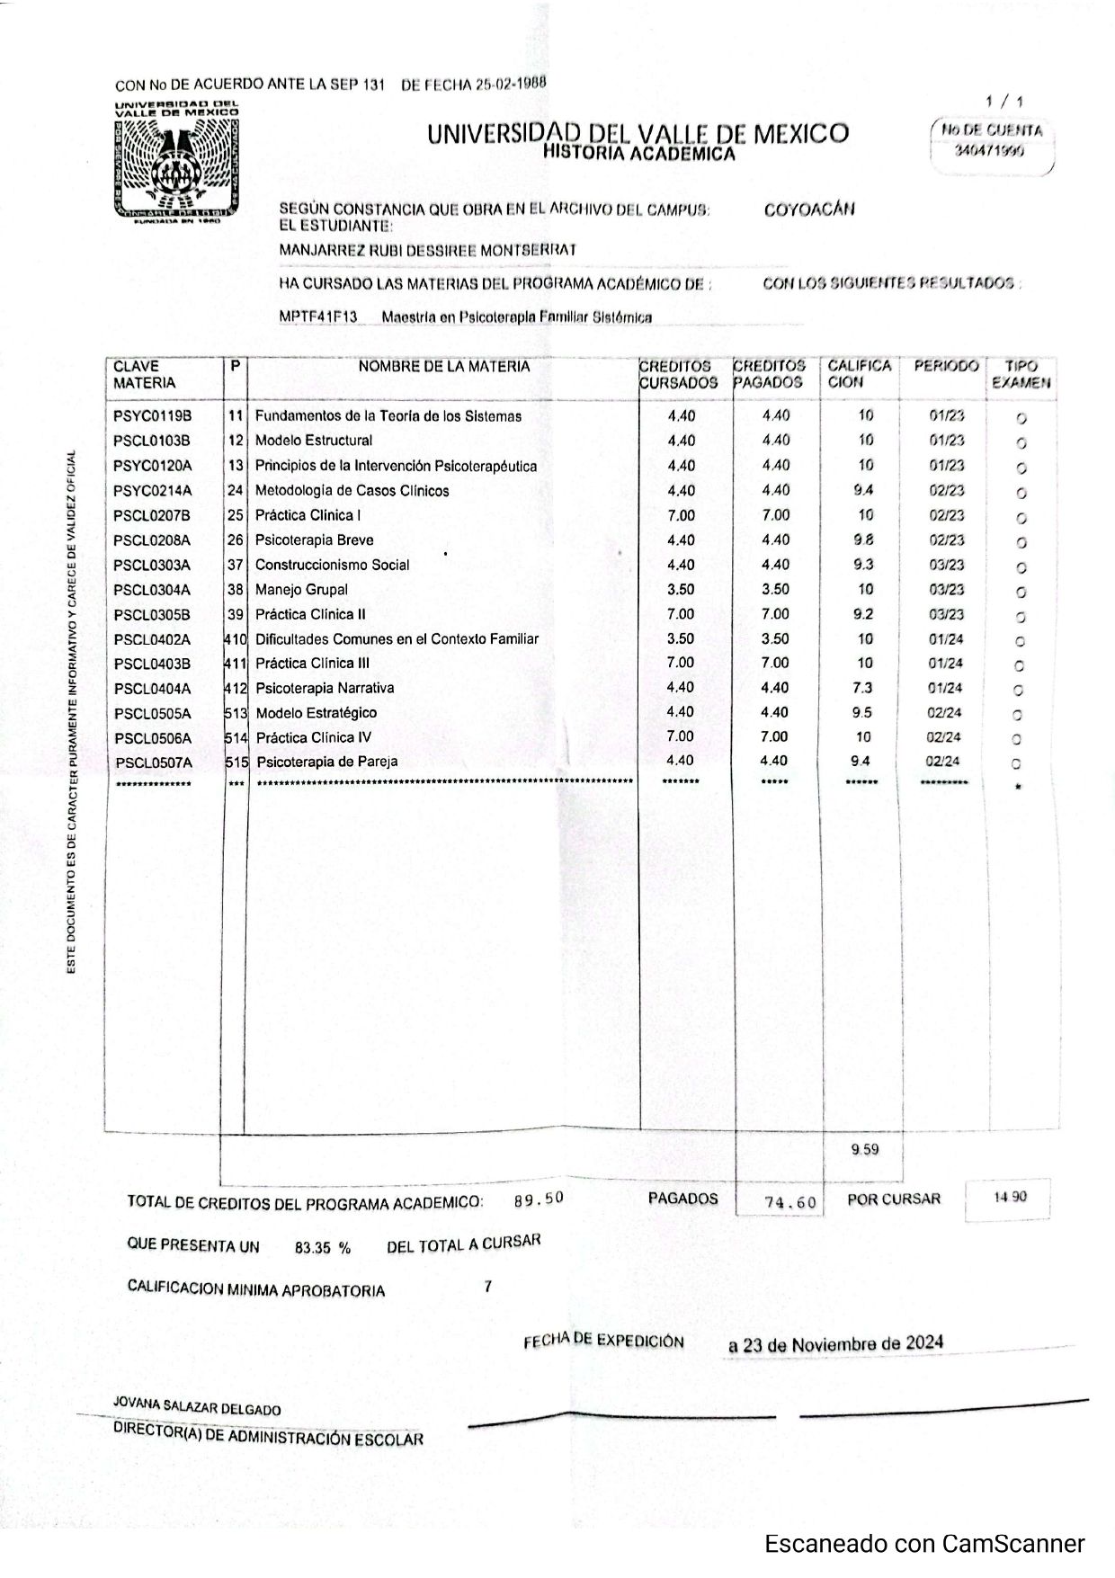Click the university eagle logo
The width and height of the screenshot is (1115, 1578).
pos(176,164)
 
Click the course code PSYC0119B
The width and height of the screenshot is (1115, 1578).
pos(153,416)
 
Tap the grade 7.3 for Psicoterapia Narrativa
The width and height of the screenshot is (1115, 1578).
pos(863,688)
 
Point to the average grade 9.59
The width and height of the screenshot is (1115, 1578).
pos(865,1149)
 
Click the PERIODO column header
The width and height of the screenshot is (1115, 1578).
pos(946,367)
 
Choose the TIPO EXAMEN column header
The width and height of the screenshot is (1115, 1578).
pos(1021,375)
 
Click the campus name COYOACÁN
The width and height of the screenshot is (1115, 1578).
pos(809,210)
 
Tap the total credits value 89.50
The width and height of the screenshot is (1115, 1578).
pos(539,1199)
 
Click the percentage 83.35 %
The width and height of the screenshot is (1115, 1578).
pos(322,1248)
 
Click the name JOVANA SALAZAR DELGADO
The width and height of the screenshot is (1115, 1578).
pos(197,1408)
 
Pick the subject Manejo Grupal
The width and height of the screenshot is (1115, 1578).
pos(301,590)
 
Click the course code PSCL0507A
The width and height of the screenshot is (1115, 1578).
pos(154,762)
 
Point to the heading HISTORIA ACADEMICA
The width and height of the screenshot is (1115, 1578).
pos(638,154)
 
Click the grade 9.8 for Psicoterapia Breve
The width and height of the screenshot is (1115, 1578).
pos(863,540)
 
